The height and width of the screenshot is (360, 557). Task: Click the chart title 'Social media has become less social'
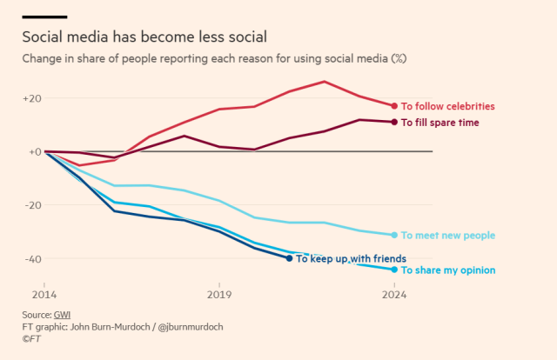(144, 37)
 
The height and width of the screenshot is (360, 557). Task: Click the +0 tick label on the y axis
(34, 151)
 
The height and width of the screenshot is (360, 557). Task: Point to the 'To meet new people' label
(448, 235)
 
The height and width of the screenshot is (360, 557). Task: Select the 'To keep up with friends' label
(351, 258)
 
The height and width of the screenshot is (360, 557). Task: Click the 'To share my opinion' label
(447, 270)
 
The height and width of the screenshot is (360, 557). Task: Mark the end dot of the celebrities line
(394, 106)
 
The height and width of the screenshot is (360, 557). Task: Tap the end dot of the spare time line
(394, 122)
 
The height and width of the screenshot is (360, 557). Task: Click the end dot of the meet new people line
(394, 235)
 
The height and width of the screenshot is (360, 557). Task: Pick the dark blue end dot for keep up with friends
(290, 258)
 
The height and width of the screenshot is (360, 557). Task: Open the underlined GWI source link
(60, 314)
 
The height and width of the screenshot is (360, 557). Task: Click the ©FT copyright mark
(32, 338)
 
